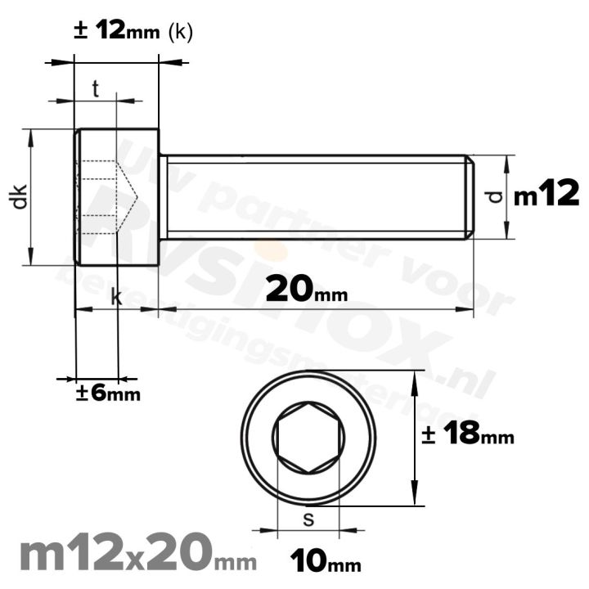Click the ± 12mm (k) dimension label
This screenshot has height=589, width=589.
[x=133, y=32]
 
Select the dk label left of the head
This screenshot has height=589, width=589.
[x=20, y=196]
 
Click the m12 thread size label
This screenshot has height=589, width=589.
[x=546, y=196]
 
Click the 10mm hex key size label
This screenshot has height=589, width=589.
[x=326, y=562]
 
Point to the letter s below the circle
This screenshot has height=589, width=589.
[x=308, y=519]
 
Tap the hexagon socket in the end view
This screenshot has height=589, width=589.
[x=309, y=438]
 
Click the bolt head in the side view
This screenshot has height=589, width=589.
[x=116, y=196]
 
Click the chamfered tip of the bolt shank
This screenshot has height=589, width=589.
[x=470, y=196]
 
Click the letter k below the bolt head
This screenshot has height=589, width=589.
[x=116, y=299]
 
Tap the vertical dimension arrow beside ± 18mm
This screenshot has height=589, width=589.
[x=418, y=438]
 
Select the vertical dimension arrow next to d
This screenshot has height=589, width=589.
[x=508, y=196]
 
